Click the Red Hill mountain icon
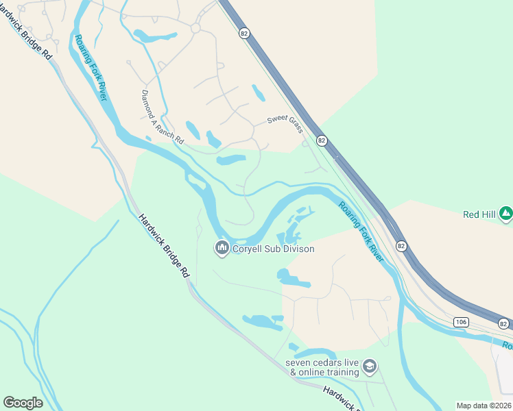click(506, 214)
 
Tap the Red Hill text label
click(479, 214)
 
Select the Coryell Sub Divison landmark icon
click(222, 248)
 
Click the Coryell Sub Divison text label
click(273, 249)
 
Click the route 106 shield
click(460, 322)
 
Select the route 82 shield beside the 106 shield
click(504, 323)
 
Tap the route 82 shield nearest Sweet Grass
click(322, 140)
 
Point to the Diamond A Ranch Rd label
click(163, 117)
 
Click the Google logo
click(23, 403)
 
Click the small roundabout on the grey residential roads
click(195, 29)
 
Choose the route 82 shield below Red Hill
click(402, 245)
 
